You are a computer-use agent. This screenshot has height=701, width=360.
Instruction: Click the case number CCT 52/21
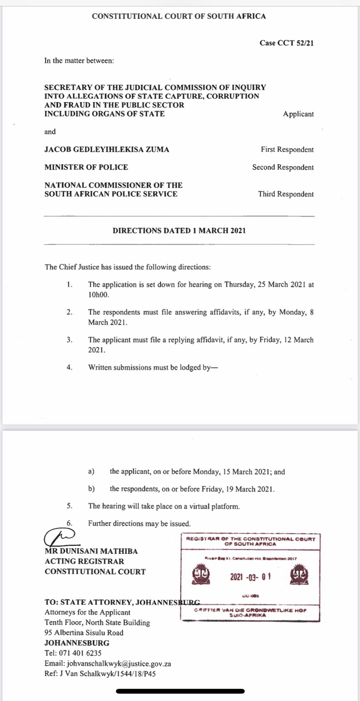tap(286, 43)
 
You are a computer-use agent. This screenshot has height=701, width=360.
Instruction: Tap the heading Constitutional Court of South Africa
tap(179, 16)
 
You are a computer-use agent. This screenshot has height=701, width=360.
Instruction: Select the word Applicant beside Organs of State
tap(298, 114)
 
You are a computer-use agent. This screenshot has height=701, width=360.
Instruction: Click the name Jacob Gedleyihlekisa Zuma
tap(107, 149)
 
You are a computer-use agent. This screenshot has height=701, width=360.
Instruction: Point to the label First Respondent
tap(287, 150)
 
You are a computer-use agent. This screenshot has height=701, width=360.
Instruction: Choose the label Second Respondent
tap(283, 167)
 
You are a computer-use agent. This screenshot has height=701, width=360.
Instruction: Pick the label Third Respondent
tap(286, 194)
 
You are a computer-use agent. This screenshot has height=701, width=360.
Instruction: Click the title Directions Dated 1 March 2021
tap(179, 230)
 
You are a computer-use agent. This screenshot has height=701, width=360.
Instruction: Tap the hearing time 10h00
tap(99, 295)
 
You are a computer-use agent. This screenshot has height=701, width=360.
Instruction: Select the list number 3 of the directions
tap(69, 340)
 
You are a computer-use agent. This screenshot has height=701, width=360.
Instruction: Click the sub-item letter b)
tap(91, 489)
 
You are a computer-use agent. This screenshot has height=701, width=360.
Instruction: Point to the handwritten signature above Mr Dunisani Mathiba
tap(60, 537)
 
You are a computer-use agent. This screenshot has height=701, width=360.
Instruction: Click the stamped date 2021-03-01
tap(250, 577)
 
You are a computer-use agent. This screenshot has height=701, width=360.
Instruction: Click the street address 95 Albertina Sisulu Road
tap(84, 633)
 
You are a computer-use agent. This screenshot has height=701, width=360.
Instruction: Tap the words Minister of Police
tap(86, 167)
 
